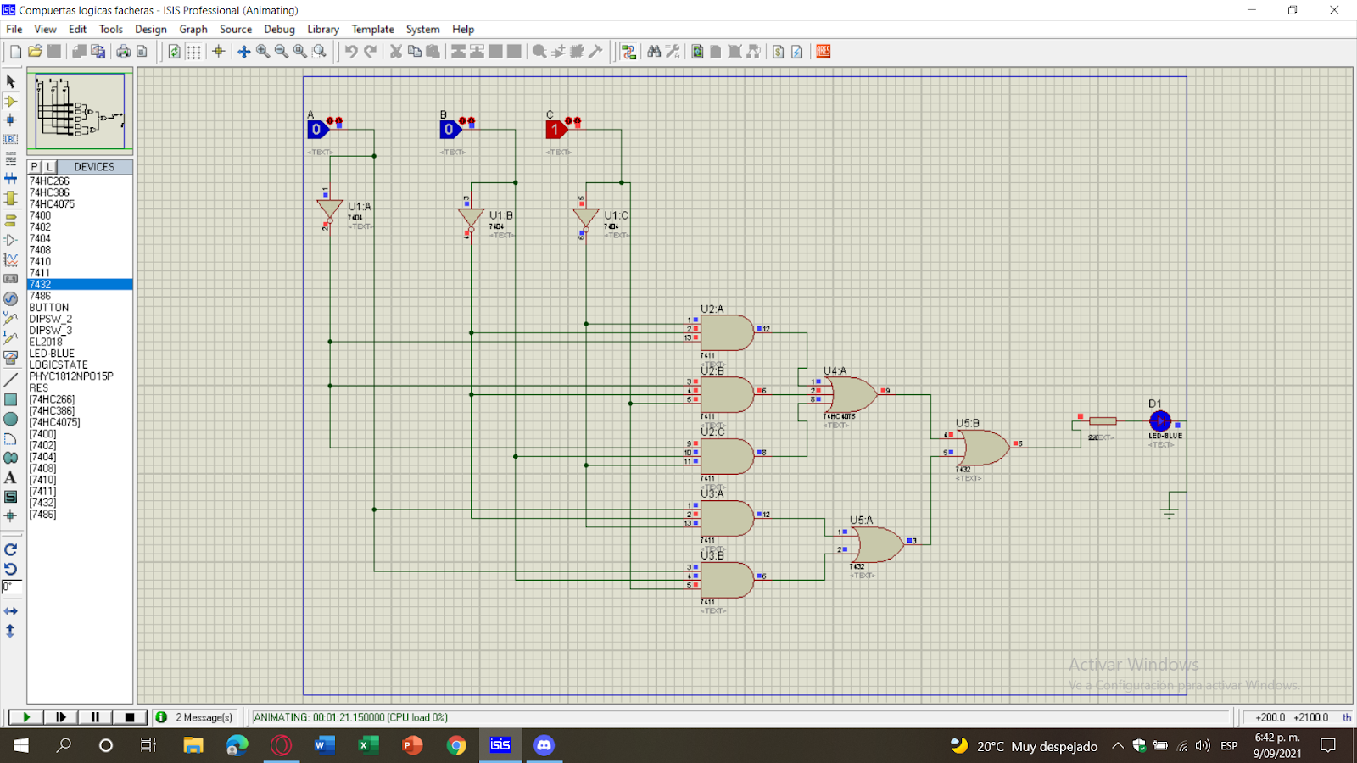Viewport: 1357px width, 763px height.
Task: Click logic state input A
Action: [x=316, y=130]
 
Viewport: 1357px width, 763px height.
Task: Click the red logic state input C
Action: [x=555, y=130]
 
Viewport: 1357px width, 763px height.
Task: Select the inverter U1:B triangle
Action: [x=471, y=219]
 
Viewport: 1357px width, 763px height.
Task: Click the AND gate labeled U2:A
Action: [x=726, y=332]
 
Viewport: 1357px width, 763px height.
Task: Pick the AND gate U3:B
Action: [x=726, y=580]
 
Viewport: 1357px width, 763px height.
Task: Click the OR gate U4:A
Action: [x=852, y=394]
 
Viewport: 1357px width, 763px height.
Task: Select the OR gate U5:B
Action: [x=984, y=447]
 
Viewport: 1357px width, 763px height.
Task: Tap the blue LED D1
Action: [x=1159, y=420]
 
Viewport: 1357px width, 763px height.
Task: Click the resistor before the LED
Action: [x=1103, y=420]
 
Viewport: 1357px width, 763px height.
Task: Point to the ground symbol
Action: [x=1170, y=511]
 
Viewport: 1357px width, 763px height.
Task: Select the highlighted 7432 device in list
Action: [x=41, y=285]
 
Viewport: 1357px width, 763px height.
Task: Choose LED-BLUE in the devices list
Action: [x=52, y=354]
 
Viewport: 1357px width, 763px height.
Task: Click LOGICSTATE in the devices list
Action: [x=58, y=365]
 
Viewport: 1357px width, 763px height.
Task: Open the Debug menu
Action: [x=279, y=29]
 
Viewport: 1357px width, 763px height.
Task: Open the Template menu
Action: [x=372, y=29]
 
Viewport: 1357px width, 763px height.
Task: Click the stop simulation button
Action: [x=130, y=717]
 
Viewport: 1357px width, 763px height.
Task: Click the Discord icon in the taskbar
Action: [x=544, y=745]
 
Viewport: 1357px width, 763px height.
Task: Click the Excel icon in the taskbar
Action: [x=368, y=745]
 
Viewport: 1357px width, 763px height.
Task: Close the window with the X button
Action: [x=1333, y=10]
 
